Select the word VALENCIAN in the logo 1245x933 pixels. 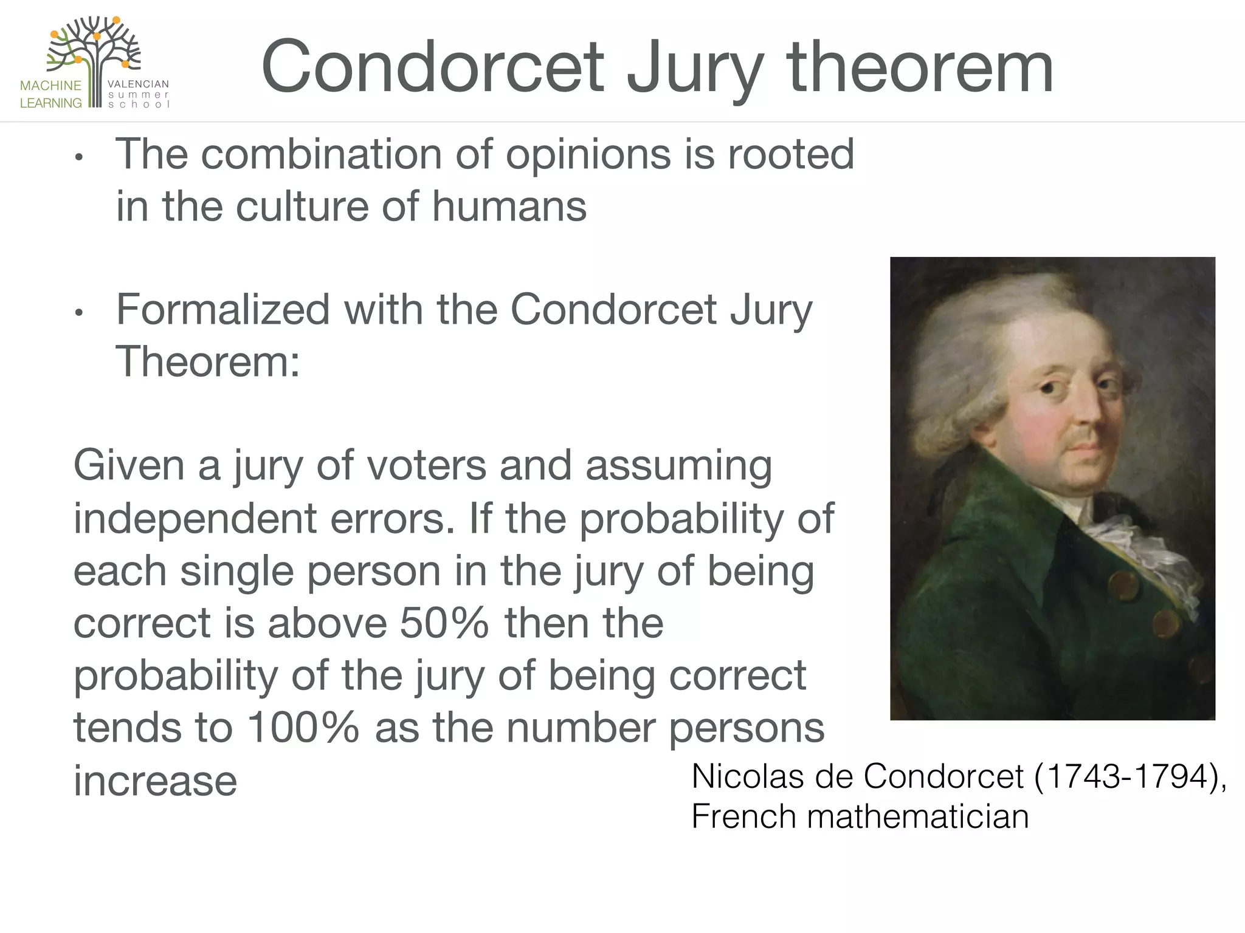click(x=138, y=84)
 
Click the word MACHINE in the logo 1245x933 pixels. click(x=50, y=86)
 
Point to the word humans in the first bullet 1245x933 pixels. click(x=509, y=207)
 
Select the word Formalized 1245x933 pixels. click(x=222, y=310)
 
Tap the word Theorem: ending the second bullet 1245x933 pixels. click(x=207, y=362)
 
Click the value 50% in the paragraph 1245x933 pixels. click(x=444, y=623)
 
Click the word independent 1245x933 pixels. click(x=195, y=519)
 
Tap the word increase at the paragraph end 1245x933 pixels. click(x=155, y=781)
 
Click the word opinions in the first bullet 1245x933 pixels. click(x=588, y=154)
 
